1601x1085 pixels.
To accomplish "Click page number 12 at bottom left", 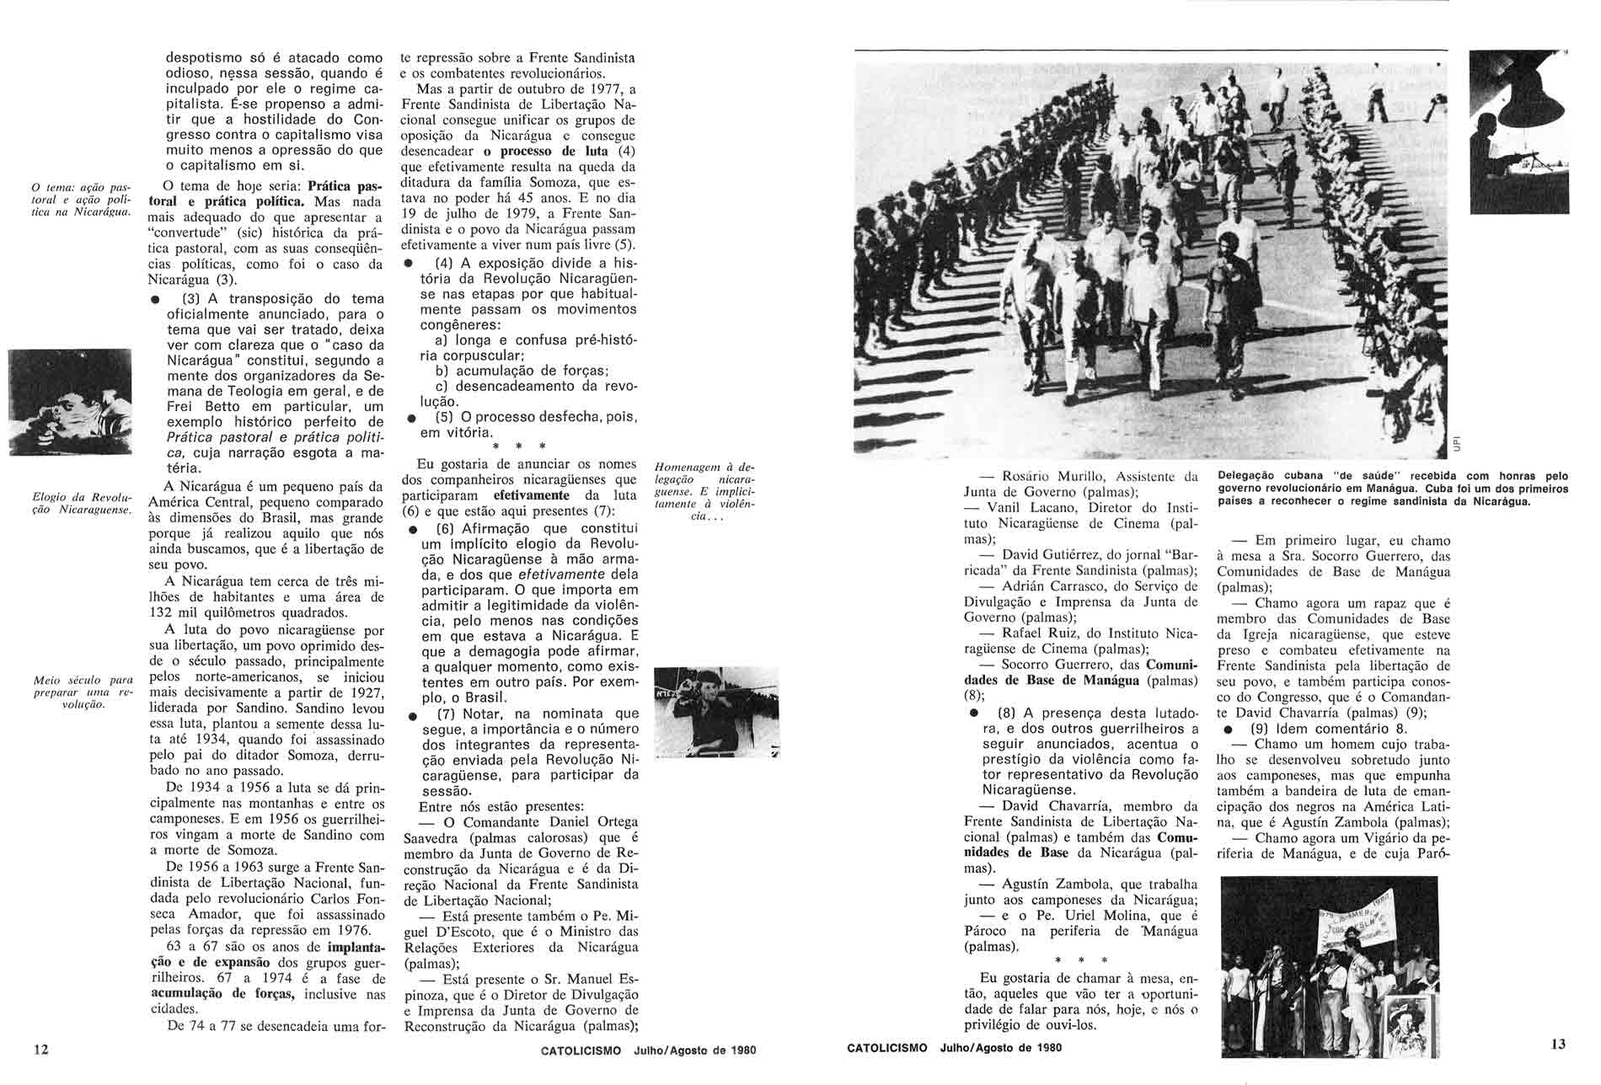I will (x=40, y=1049).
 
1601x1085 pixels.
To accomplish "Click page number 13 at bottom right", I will (x=1557, y=1045).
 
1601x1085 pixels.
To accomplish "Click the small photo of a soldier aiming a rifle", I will (x=716, y=712).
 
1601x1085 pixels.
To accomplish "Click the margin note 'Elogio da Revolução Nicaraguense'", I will (x=80, y=503).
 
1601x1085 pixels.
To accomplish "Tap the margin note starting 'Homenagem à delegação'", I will (x=704, y=491).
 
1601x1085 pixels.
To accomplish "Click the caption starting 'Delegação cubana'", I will (x=1392, y=489).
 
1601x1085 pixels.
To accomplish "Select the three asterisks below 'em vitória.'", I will (x=519, y=446).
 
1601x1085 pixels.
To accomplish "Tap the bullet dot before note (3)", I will (x=154, y=300).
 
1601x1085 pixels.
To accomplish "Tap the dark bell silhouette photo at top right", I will (x=1518, y=131).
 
